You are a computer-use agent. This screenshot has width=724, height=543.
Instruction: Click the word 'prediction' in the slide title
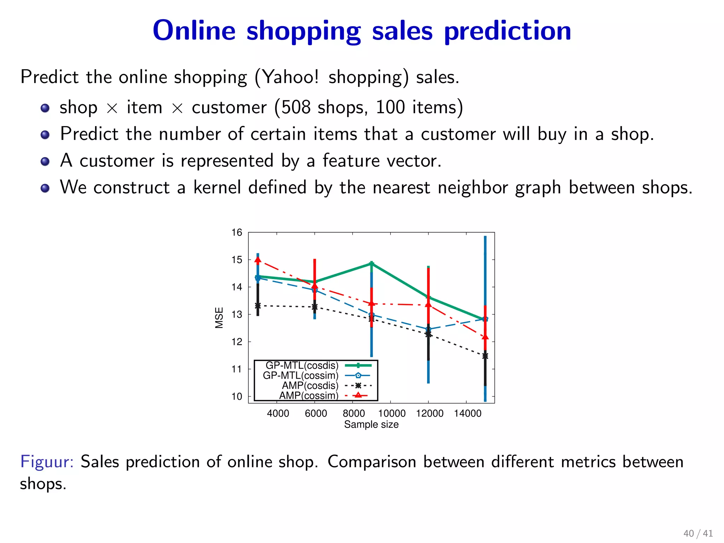[507, 31]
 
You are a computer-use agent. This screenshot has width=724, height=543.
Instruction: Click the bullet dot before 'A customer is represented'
[45, 162]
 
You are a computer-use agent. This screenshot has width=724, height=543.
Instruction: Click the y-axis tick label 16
[237, 232]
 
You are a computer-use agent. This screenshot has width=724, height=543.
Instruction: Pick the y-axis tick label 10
[237, 396]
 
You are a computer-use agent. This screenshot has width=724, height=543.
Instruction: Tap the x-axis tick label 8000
[354, 413]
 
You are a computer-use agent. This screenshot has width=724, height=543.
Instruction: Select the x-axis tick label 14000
[467, 413]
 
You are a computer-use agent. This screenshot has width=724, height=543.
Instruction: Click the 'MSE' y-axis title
[219, 317]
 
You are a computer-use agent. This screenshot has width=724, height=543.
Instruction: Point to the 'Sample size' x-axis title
[371, 425]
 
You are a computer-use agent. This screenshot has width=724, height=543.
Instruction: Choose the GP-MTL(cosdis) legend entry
[302, 366]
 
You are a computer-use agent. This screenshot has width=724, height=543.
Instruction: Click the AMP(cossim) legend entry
[309, 395]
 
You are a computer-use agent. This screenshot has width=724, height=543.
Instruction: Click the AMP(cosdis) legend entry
[310, 385]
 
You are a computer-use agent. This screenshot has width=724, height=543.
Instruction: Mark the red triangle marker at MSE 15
[258, 260]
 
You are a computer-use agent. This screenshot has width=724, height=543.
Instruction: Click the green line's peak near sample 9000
[372, 264]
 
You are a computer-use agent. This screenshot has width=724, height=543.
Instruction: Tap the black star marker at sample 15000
[485, 356]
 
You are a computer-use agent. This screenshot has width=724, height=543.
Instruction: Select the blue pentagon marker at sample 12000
[428, 329]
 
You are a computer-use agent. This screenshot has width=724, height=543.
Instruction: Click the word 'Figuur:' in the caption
[47, 462]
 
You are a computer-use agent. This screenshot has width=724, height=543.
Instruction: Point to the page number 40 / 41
[698, 533]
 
